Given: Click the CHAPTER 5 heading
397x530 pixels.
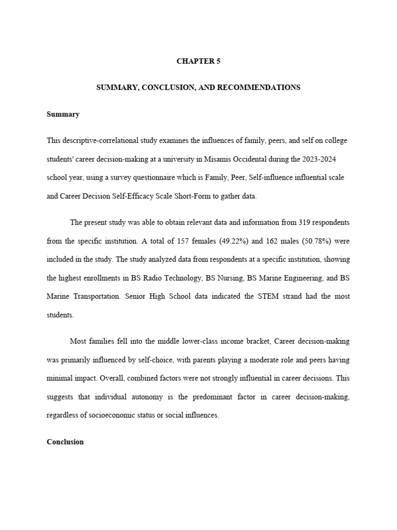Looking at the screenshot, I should (198, 61).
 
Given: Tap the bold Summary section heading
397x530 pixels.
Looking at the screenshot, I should (63, 114).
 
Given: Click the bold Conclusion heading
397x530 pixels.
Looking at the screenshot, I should (65, 442).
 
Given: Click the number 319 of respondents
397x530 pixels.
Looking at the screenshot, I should (303, 223).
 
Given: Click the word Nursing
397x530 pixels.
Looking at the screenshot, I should (231, 278).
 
